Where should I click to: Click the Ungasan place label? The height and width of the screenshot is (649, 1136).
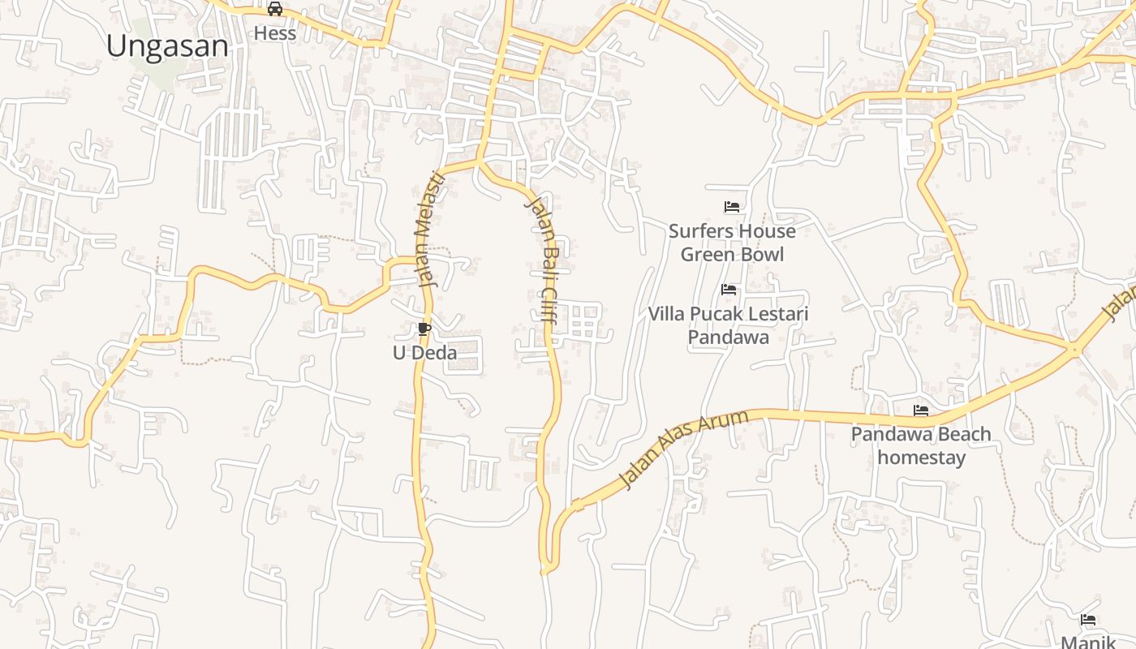coord(167,46)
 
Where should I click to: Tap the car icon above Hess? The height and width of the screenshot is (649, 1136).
coord(275,9)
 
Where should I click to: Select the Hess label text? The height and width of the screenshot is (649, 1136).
coord(275,33)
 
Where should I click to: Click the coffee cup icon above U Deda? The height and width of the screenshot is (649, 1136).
coord(424,329)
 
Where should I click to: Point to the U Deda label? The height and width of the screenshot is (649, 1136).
coord(424,353)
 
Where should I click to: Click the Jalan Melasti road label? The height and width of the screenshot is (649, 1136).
coord(429,230)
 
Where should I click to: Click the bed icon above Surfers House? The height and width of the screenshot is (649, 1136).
coord(731,207)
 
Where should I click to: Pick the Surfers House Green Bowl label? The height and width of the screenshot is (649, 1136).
coord(732,243)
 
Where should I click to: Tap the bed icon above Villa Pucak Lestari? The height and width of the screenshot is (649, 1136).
coord(729,290)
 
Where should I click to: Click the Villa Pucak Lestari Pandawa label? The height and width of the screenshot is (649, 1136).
coord(729,324)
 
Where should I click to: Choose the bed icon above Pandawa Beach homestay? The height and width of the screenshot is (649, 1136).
coord(921,410)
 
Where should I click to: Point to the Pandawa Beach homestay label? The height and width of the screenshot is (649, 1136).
coord(921,445)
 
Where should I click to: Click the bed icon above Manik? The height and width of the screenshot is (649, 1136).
coord(1088,620)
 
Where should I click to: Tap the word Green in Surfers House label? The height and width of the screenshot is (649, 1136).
coord(704,255)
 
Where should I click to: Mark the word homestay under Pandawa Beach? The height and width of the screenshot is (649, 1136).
coord(922,458)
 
